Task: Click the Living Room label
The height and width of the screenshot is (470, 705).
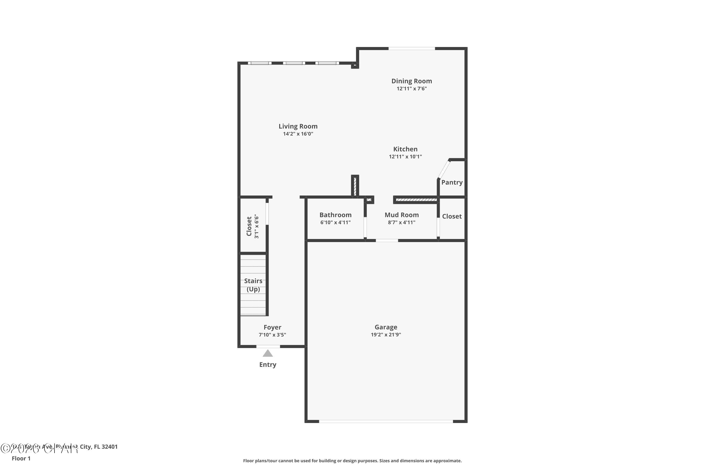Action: point(298,126)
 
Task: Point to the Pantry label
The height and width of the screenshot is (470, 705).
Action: point(452,182)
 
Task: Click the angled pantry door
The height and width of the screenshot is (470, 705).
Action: point(444,169)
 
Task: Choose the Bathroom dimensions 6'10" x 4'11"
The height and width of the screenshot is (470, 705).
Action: point(335,222)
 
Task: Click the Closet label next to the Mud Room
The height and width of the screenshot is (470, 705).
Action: point(452,216)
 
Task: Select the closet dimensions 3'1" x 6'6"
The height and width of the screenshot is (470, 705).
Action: point(257,226)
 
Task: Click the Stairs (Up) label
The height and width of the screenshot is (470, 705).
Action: point(253,285)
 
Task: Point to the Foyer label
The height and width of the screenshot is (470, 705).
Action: point(272,327)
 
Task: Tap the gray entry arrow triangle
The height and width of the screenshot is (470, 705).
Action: point(268,354)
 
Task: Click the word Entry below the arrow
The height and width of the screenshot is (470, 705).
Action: point(268,364)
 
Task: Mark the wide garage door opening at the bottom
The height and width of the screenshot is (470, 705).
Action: point(386,421)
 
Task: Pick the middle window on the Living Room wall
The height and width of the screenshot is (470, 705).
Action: point(294,63)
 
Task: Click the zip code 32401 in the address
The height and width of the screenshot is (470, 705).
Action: point(110,447)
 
